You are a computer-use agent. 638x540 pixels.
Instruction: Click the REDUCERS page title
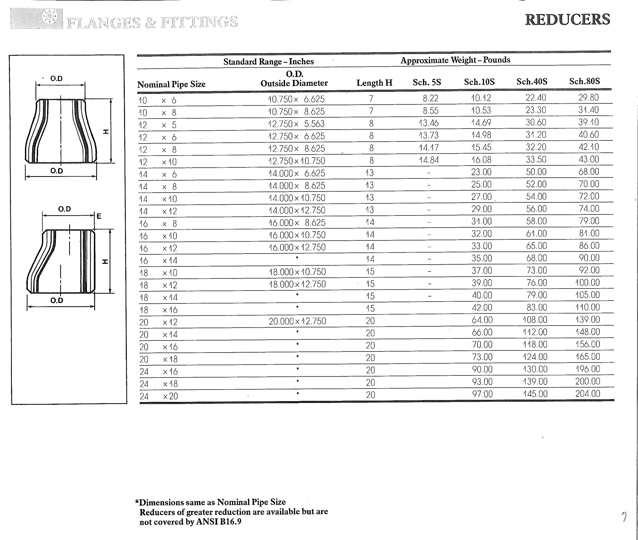[568, 20]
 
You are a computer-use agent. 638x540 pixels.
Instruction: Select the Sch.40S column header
[532, 82]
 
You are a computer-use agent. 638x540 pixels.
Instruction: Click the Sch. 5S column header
[427, 82]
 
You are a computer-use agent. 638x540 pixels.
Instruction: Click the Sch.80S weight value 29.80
[588, 98]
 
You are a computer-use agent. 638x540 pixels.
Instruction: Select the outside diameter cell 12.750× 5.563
[296, 124]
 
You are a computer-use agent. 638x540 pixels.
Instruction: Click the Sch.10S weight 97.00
[482, 394]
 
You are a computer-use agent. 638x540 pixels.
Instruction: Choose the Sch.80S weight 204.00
[588, 394]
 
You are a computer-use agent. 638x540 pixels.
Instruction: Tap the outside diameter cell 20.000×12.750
[297, 321]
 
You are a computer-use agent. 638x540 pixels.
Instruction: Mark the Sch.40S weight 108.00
[535, 320]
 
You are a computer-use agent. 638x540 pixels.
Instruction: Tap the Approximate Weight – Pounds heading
[455, 60]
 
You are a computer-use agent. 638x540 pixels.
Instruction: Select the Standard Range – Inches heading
[268, 61]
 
